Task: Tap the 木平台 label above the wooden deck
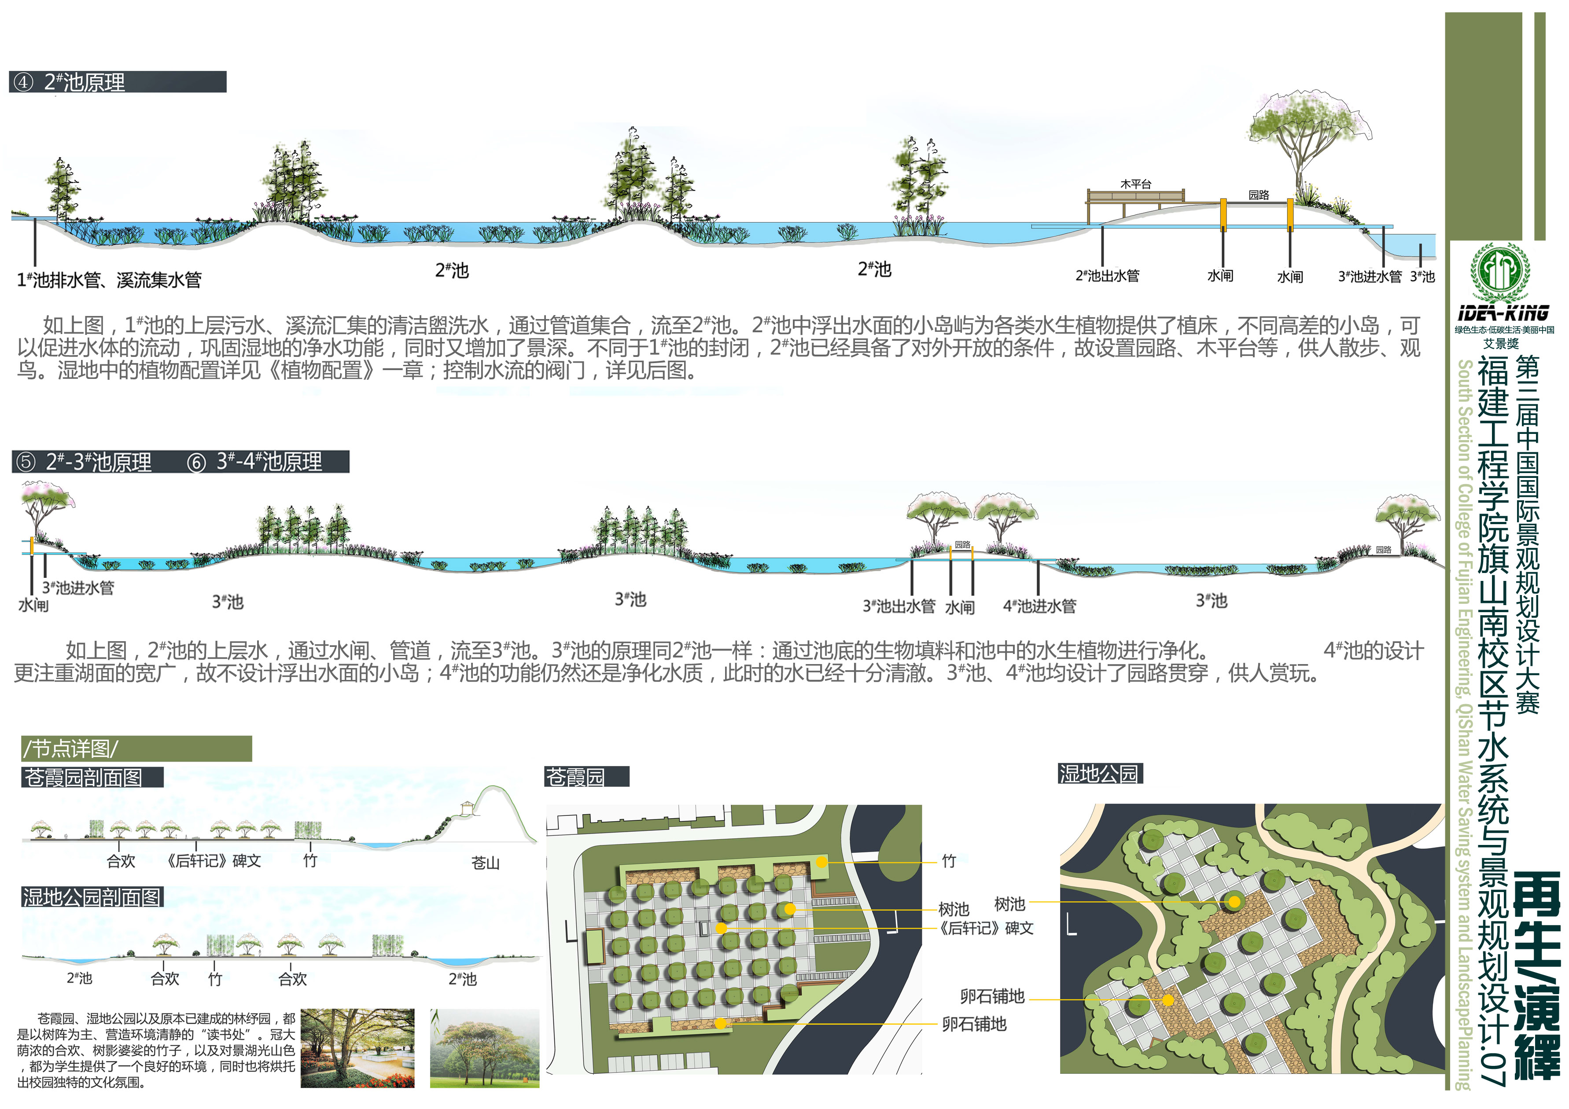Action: pos(1136,184)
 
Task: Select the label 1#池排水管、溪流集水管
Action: pos(109,279)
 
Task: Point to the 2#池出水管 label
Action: pos(1107,275)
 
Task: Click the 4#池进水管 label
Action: pos(1039,606)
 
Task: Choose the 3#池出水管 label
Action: pos(899,606)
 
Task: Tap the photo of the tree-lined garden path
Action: pos(357,1047)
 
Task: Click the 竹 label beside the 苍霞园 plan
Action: pos(949,861)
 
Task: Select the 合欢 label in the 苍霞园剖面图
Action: pos(121,861)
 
